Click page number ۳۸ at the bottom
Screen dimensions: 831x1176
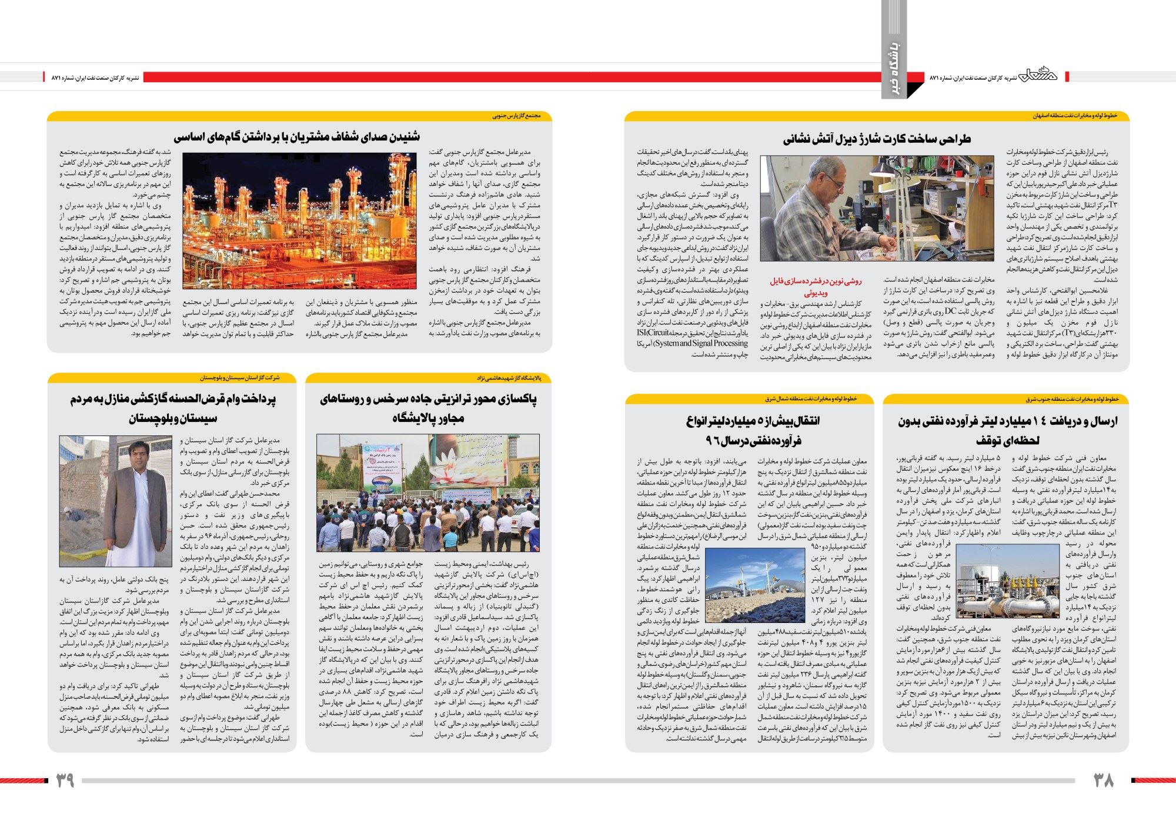tap(1104, 780)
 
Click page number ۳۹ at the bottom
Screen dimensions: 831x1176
tap(65, 780)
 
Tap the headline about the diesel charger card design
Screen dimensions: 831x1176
tap(876, 139)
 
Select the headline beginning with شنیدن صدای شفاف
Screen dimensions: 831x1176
tap(297, 137)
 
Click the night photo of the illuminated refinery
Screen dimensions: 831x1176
tap(300, 221)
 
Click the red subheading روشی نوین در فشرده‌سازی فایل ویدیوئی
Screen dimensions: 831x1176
tap(815, 286)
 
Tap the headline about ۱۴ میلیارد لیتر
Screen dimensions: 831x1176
tap(1007, 431)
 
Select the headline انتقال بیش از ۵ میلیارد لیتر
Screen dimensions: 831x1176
tap(753, 431)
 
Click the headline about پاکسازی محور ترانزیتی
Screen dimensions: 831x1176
tap(428, 408)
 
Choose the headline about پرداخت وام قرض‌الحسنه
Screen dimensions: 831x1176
tap(173, 408)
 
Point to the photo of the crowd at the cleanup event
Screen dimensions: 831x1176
tap(427, 492)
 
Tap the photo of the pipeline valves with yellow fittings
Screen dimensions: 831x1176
tap(1007, 581)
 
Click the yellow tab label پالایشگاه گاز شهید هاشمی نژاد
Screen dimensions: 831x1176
tap(512, 378)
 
